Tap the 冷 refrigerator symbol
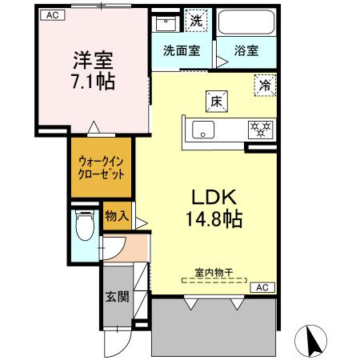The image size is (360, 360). point(264,82)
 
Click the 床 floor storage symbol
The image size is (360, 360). point(217,102)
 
